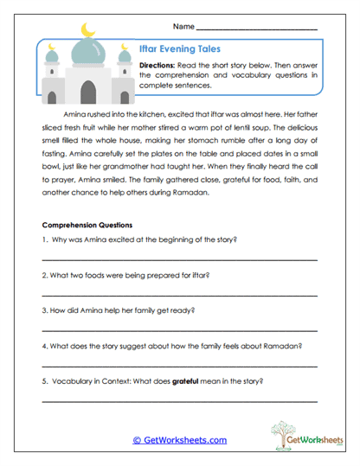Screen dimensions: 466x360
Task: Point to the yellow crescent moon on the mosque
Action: tap(86, 30)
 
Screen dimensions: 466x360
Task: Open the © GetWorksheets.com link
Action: tap(179, 440)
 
